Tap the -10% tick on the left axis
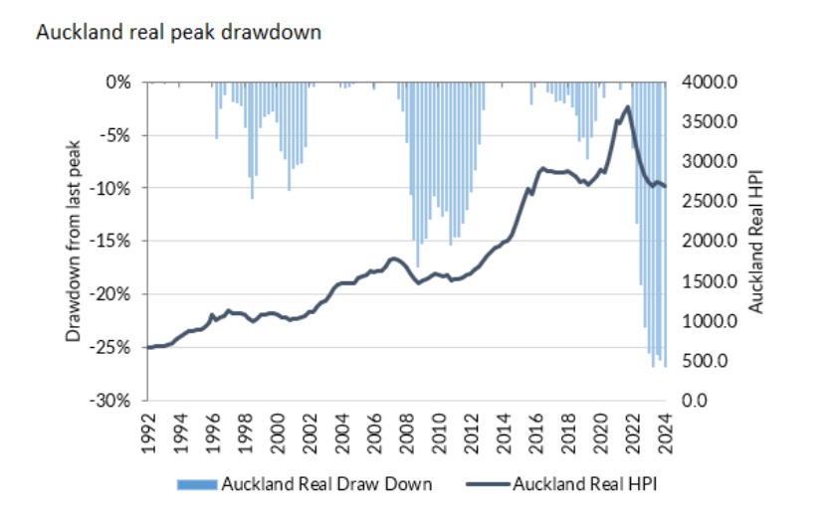coord(117,188)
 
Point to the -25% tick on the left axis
coord(117,347)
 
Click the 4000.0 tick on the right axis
coord(710,82)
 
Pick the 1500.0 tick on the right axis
coord(710,281)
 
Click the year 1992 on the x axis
coord(148,431)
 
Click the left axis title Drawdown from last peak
coord(74,242)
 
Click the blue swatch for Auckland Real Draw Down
coord(197,485)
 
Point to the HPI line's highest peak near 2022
coord(627,106)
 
